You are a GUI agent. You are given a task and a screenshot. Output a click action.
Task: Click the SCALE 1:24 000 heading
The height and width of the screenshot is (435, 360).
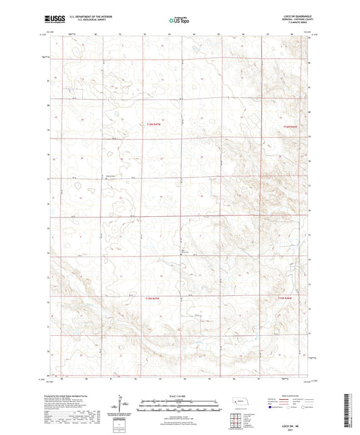pos(179,394)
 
